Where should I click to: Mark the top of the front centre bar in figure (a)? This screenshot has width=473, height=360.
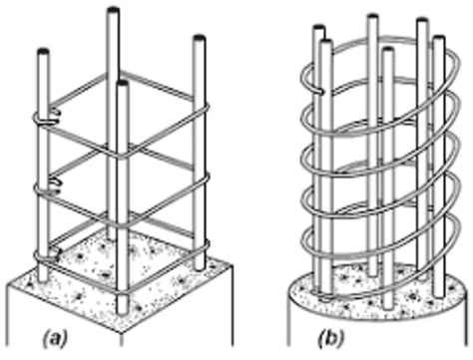(x=123, y=86)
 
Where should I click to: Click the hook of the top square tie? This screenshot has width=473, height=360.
(x=46, y=119)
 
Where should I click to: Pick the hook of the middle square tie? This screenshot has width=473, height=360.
(x=46, y=185)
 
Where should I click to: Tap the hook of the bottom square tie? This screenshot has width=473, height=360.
(x=46, y=253)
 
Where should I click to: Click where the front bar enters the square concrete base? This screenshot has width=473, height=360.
(x=123, y=295)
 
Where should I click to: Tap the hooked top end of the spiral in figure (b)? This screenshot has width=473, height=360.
(x=313, y=89)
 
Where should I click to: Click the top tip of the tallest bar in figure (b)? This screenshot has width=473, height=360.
(x=371, y=18)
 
